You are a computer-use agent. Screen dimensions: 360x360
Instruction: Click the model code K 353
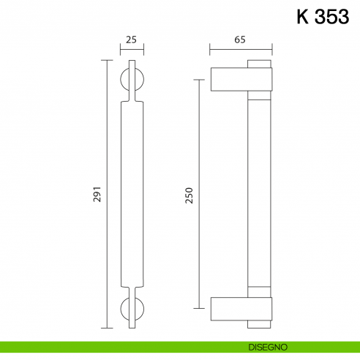point(323,17)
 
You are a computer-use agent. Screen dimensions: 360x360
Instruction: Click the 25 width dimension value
point(132,40)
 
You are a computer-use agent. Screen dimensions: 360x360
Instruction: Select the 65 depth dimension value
point(240,40)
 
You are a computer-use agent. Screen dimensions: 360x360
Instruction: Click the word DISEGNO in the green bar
point(272,346)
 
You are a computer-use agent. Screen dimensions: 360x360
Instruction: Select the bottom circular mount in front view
point(132,309)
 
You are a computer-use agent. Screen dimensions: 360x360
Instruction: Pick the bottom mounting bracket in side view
point(241,309)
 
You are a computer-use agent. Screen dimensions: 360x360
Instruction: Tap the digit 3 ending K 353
point(341,17)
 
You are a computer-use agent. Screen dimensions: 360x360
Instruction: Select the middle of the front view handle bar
point(132,194)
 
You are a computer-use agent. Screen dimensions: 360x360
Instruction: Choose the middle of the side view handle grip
point(261,194)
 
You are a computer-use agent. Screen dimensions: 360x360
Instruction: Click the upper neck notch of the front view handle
point(132,98)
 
